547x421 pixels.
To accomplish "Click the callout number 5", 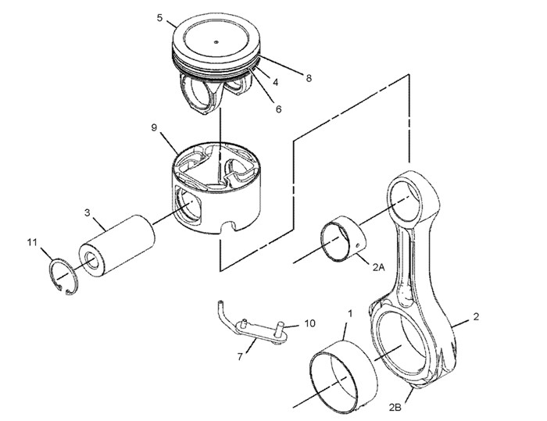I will coord(159,18).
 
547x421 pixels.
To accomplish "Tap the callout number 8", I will coord(309,77).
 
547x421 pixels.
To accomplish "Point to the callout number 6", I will coord(278,109).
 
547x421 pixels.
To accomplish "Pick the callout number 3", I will coord(88,212).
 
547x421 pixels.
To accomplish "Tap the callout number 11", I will coord(32,243).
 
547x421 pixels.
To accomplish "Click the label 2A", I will coord(378,267).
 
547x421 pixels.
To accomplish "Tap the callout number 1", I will coord(349,313).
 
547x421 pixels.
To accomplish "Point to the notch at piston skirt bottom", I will coord(228,228).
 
